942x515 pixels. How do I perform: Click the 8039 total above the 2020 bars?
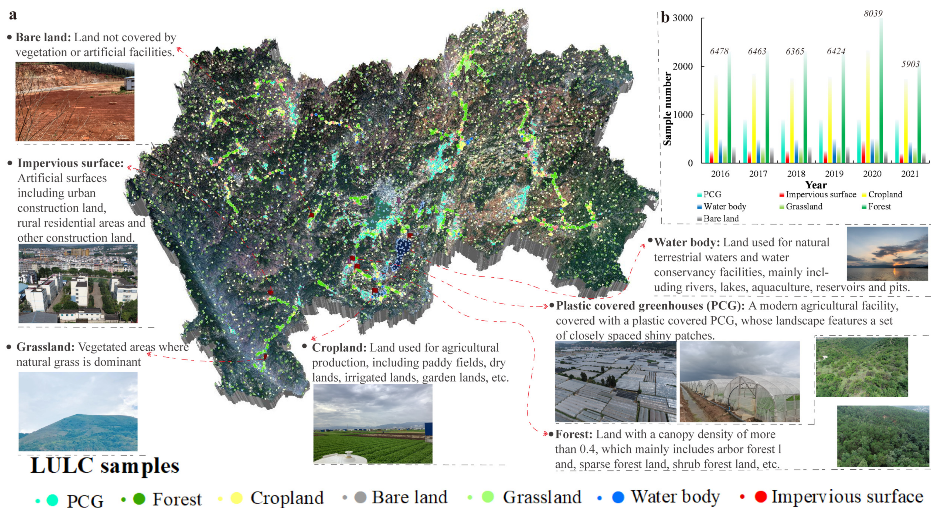click(873, 14)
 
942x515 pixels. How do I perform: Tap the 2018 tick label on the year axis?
click(796, 173)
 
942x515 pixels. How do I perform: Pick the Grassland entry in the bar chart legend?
click(804, 206)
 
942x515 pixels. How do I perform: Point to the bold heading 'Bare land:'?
click(43, 37)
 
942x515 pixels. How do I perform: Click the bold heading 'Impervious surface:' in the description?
click(71, 163)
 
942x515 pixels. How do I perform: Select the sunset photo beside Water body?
click(887, 254)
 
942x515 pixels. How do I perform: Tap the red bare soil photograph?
click(75, 102)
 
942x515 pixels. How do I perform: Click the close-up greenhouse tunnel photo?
click(739, 382)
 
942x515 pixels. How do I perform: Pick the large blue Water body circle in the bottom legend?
click(618, 497)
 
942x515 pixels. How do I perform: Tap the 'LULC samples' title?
click(105, 466)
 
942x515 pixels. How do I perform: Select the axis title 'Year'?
click(815, 185)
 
